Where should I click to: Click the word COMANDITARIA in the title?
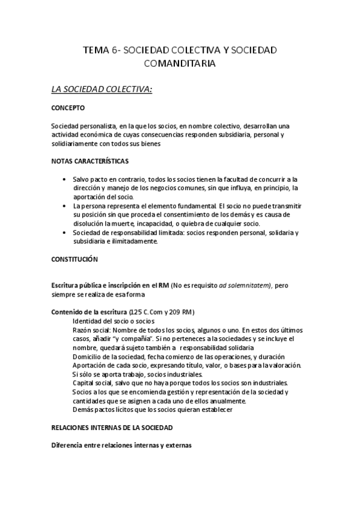tap(180, 63)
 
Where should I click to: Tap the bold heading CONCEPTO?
tap(69, 108)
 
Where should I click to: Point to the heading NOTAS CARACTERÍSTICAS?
tap(90, 162)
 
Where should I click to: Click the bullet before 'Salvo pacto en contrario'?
tap(64, 179)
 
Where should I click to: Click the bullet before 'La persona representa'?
tap(64, 206)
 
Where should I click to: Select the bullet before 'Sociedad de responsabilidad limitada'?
tap(64, 232)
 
